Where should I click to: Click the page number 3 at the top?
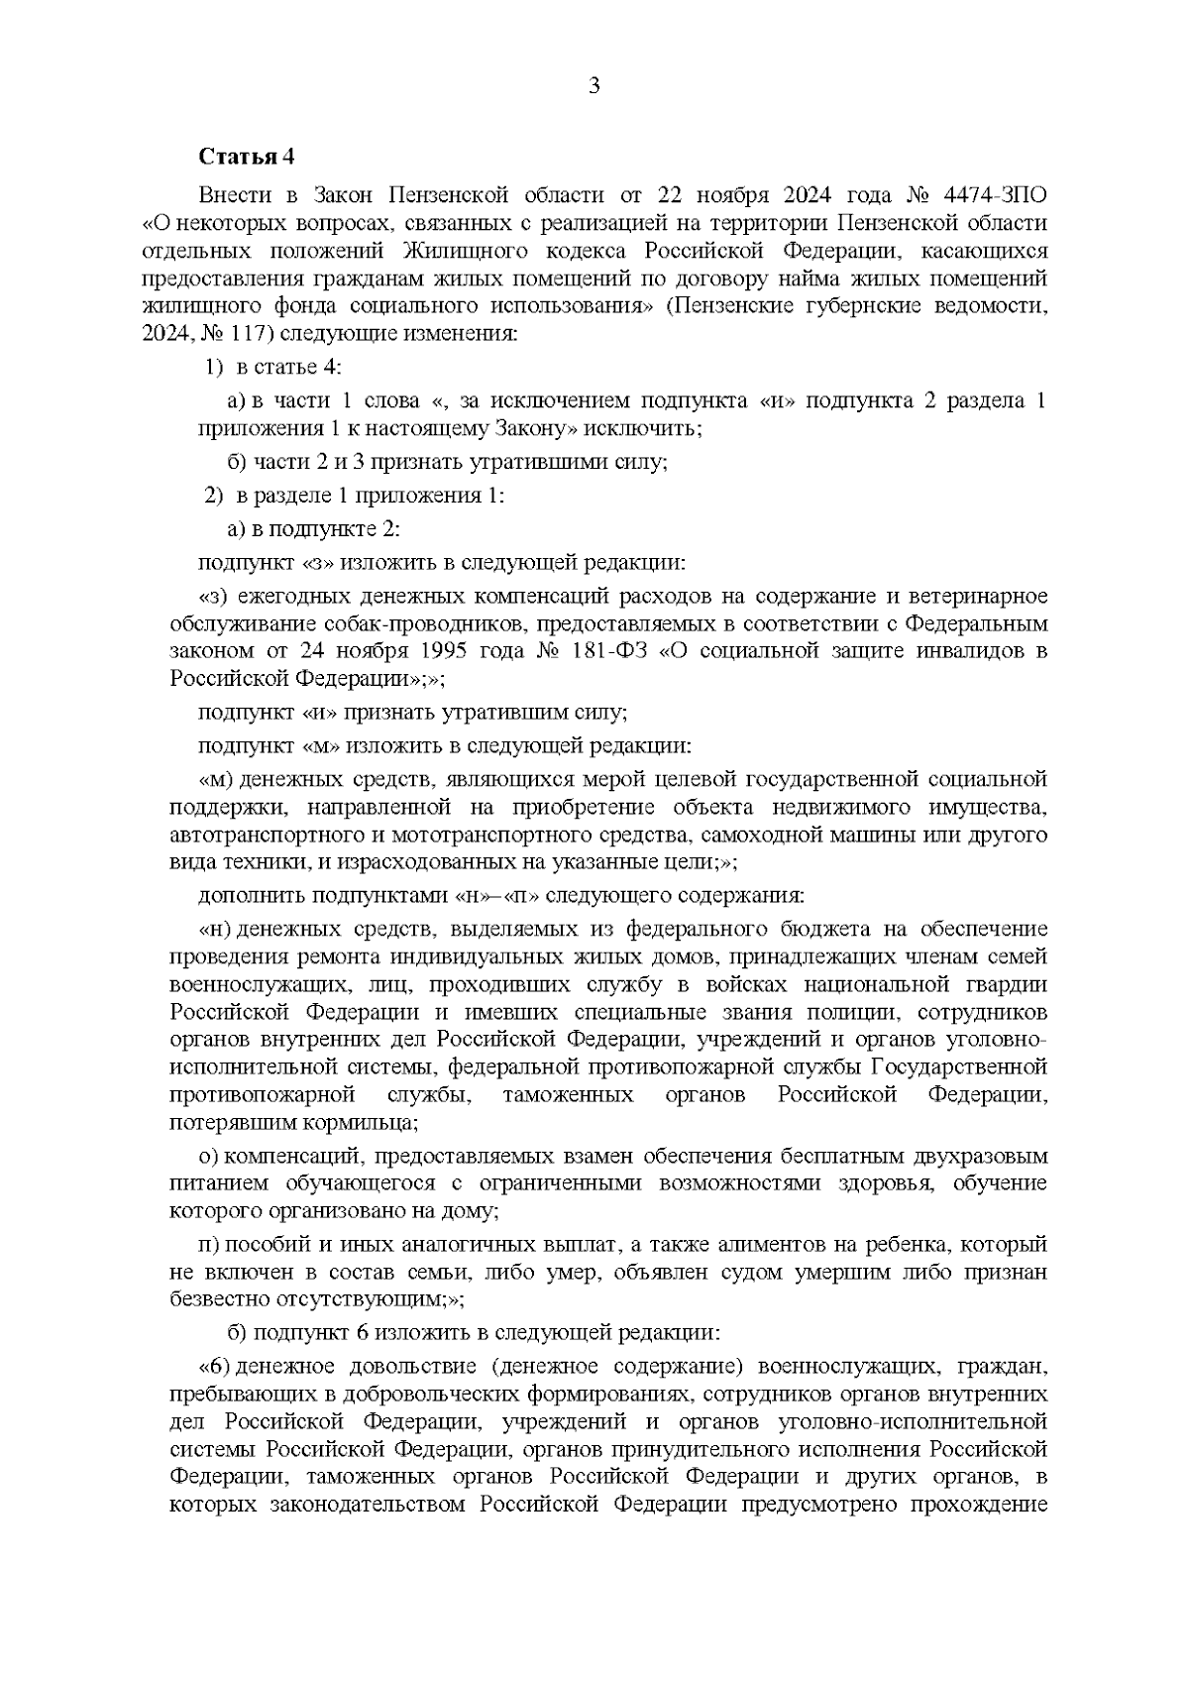click(594, 86)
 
